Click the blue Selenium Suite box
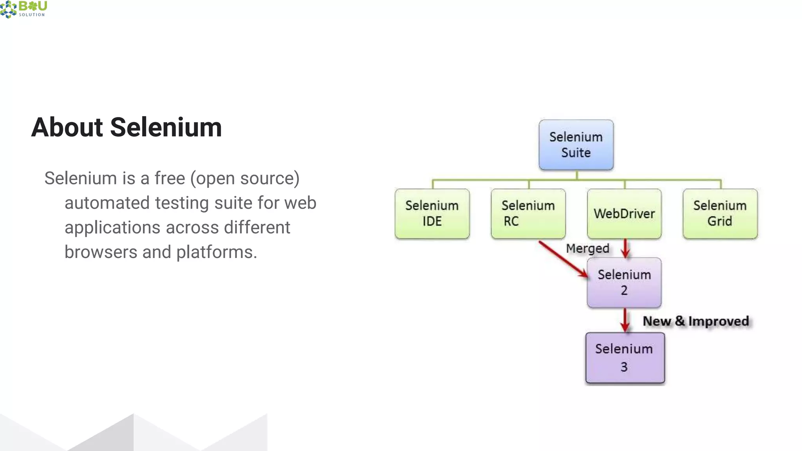coord(576,145)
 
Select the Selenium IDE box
coord(432,214)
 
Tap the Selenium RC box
coord(528,214)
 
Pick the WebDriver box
coord(624,214)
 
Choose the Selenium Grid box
coord(720,214)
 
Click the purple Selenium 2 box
coord(624,282)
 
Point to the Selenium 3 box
coord(625,357)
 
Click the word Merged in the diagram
coord(587,248)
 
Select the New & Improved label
coord(696,321)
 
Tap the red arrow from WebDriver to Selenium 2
coord(625,248)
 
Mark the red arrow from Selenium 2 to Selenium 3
coord(625,320)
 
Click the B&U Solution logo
coord(23,9)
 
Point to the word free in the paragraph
coord(170,179)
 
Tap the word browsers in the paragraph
coord(101,252)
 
